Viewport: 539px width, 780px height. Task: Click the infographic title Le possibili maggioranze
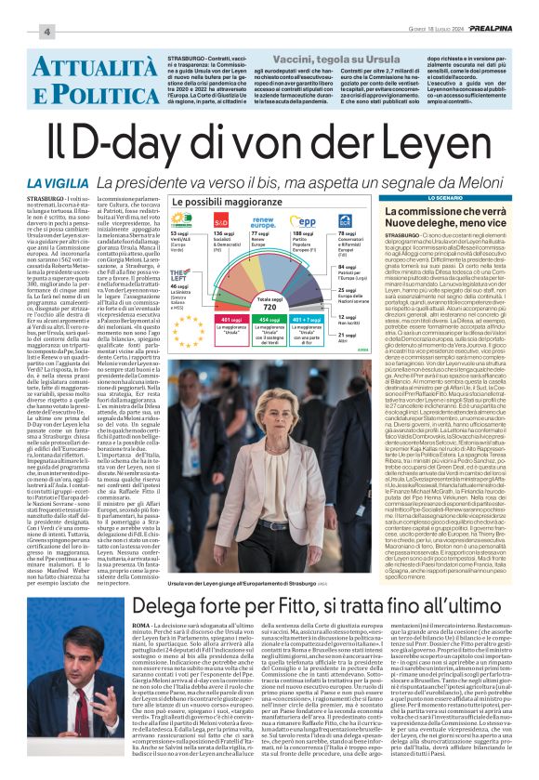216,202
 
